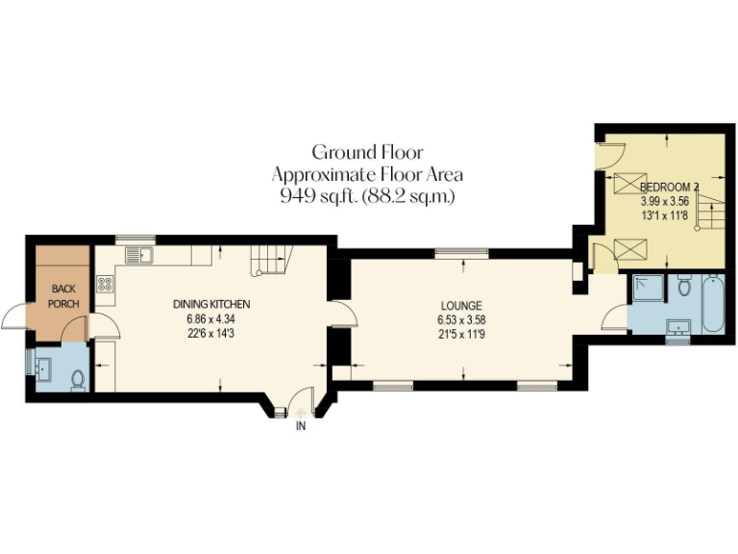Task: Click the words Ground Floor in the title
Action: (367, 152)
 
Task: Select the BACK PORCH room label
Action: (62, 295)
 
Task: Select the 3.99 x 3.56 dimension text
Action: (665, 202)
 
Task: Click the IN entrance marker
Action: (301, 425)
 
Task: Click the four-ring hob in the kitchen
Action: (105, 285)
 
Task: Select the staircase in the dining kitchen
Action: (270, 258)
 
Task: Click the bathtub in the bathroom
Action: (712, 305)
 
